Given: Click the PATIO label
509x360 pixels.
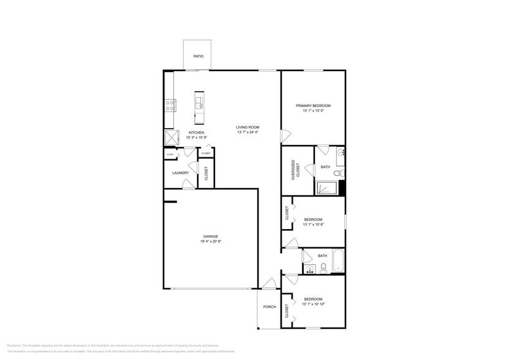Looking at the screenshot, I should pyautogui.click(x=198, y=56).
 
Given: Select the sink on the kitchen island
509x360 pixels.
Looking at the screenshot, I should pyautogui.click(x=199, y=106).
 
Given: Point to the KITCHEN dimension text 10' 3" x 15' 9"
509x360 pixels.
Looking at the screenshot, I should pyautogui.click(x=196, y=138).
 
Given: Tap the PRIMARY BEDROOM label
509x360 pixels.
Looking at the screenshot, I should pyautogui.click(x=313, y=105).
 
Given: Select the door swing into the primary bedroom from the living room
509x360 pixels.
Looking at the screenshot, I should pyautogui.click(x=285, y=135).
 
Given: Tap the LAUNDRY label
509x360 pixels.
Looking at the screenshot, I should pyautogui.click(x=180, y=173).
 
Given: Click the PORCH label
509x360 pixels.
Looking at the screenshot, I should pyautogui.click(x=269, y=307).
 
